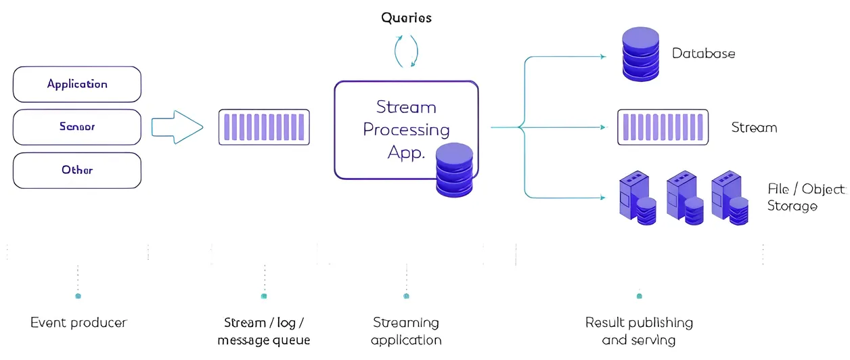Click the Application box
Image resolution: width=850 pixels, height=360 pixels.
[77, 85]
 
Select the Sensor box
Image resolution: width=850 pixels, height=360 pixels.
[77, 127]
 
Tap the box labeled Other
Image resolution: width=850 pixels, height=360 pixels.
[77, 170]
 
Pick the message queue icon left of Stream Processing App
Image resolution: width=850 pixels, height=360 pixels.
[264, 127]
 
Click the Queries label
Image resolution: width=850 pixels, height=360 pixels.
[406, 18]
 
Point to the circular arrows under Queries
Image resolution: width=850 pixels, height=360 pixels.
[406, 51]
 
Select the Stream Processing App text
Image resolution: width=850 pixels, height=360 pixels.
[406, 129]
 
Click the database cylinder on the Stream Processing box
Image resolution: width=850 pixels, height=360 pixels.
[454, 170]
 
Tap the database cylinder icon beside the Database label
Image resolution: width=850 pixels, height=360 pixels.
[640, 53]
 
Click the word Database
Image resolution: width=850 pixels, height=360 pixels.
[703, 53]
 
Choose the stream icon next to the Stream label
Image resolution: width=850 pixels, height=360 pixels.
[663, 127]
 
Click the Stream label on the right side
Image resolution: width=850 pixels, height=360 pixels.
[754, 128]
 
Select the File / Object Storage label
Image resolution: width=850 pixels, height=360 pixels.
[805, 197]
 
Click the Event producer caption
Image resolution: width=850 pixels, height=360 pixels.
[79, 323]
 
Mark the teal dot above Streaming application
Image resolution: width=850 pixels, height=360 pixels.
[406, 296]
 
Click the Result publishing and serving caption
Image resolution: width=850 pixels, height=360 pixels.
[639, 331]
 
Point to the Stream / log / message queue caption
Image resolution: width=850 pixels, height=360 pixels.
[264, 331]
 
